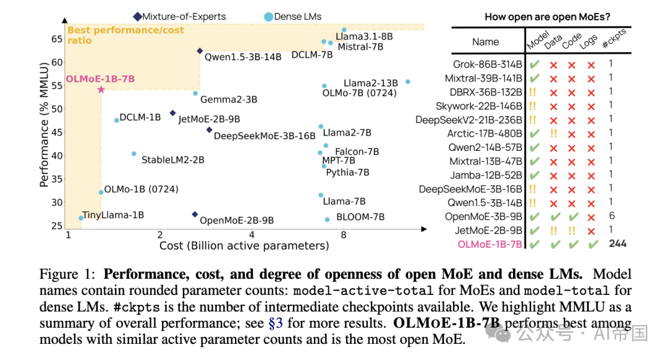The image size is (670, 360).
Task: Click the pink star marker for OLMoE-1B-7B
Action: (x=101, y=89)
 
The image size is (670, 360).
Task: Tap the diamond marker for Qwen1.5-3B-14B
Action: (x=200, y=51)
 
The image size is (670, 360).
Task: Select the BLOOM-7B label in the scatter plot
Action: (x=360, y=217)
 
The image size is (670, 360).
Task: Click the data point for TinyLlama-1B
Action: (x=81, y=218)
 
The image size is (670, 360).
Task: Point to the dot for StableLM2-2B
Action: (x=133, y=153)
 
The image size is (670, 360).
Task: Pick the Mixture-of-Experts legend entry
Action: (x=179, y=16)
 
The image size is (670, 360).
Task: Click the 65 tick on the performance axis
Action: (x=56, y=39)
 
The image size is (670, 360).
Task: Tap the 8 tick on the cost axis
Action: (x=343, y=235)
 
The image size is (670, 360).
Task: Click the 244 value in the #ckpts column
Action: (x=617, y=244)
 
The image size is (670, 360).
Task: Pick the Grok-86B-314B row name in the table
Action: (x=487, y=64)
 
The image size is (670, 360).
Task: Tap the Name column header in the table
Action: (x=485, y=42)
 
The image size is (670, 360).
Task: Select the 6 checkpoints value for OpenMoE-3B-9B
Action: (x=611, y=216)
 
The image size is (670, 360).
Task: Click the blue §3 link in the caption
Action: (x=276, y=323)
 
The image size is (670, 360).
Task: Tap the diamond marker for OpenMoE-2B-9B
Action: (x=194, y=214)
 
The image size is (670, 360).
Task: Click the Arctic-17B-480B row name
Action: (x=485, y=133)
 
